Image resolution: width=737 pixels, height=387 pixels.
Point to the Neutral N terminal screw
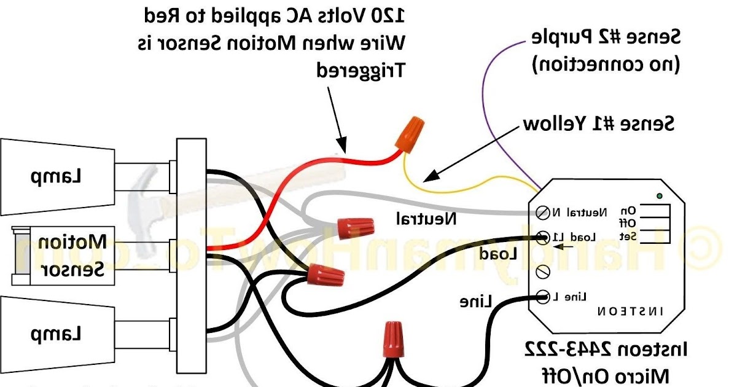pyautogui.click(x=543, y=213)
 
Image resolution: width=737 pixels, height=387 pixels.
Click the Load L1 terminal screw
pyautogui.click(x=543, y=237)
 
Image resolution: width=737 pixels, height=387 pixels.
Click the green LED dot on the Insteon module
pyautogui.click(x=658, y=197)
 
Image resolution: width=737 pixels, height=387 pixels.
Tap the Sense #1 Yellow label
pyautogui.click(x=599, y=124)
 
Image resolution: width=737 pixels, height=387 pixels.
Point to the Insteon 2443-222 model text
pyautogui.click(x=605, y=351)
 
